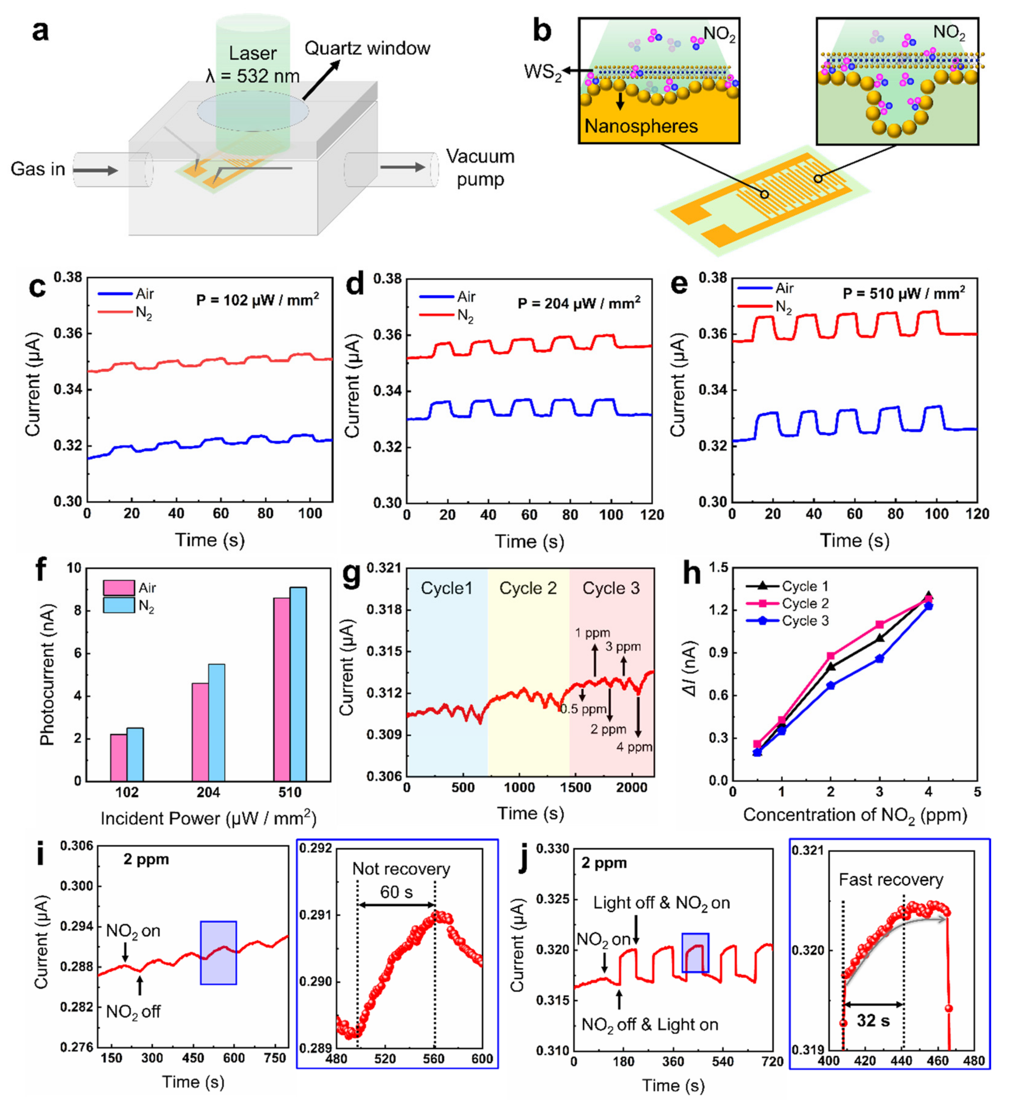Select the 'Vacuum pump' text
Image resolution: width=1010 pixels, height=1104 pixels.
click(480, 168)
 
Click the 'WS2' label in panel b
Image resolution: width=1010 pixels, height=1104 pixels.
click(542, 72)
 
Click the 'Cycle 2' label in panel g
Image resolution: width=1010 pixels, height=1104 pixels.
click(528, 589)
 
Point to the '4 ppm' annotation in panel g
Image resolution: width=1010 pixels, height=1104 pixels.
click(634, 747)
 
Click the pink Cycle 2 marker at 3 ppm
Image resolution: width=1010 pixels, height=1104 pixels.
click(880, 625)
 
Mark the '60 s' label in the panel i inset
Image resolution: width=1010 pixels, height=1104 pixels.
click(396, 892)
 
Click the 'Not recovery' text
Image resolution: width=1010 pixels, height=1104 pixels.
click(401, 869)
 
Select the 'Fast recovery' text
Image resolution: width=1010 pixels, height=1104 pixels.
click(891, 880)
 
